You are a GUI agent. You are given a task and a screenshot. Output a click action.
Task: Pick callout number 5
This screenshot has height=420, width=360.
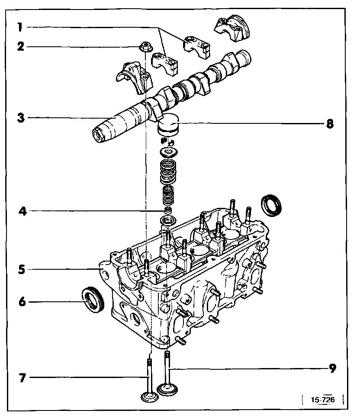(21, 269)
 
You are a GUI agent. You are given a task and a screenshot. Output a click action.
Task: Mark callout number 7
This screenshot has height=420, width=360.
(21, 378)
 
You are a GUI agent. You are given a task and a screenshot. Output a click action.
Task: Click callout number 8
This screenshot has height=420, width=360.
(330, 123)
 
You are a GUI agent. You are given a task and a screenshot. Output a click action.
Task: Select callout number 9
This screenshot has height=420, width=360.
(332, 368)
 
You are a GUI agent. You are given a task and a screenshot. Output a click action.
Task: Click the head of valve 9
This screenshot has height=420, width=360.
(167, 388)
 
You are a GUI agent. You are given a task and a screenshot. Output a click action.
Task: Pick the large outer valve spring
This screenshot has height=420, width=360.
(168, 172)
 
